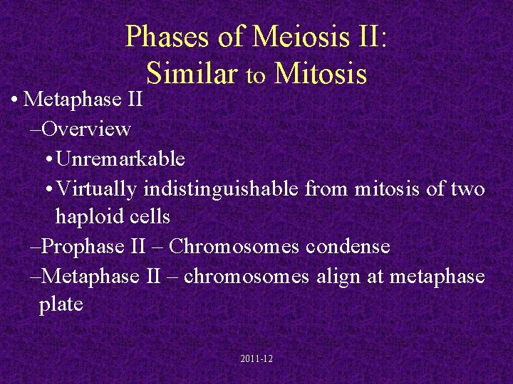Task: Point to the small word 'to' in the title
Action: pyautogui.click(x=256, y=75)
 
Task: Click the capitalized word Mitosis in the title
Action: pyautogui.click(x=321, y=73)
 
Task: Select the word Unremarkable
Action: pyautogui.click(x=120, y=159)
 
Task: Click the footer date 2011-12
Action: pyautogui.click(x=256, y=359)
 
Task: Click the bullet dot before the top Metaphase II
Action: pyautogui.click(x=15, y=100)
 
